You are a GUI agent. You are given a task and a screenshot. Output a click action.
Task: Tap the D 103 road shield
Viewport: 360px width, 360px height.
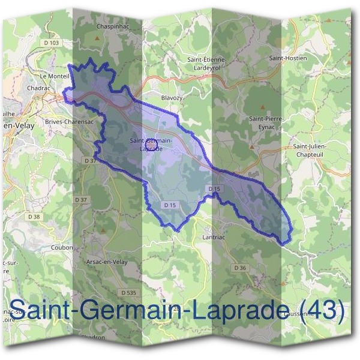[x=52, y=43]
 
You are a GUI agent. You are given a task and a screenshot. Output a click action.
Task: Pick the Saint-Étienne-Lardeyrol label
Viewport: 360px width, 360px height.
[x=206, y=63]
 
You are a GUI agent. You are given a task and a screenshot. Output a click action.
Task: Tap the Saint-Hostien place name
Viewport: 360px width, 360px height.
[x=287, y=58]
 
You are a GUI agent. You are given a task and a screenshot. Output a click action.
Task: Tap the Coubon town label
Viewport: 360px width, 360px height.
[x=62, y=247]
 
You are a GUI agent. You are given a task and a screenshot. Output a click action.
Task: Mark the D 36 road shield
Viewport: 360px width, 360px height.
[x=240, y=268]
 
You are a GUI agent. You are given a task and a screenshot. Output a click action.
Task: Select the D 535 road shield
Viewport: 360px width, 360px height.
[x=128, y=292]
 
